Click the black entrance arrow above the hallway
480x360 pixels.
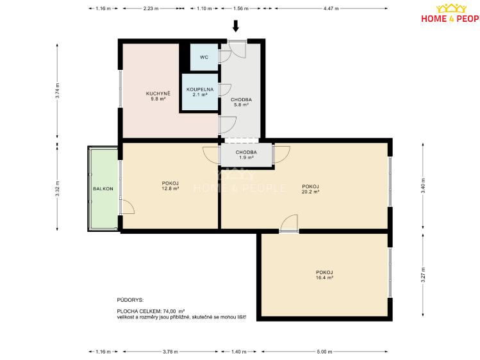[235, 26]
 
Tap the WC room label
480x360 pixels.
[204, 57]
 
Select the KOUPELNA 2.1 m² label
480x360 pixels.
[200, 92]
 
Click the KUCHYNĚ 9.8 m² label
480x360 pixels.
[158, 96]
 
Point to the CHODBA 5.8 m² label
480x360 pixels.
[241, 102]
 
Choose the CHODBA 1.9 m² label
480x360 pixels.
[246, 155]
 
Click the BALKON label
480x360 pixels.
[103, 189]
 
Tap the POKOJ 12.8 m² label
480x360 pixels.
[170, 186]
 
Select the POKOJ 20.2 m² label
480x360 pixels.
[310, 189]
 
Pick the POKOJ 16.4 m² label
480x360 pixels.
[324, 275]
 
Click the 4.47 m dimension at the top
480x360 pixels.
[331, 8]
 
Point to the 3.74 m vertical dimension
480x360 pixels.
[57, 91]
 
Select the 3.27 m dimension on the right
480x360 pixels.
[423, 275]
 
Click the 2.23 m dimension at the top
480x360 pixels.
[151, 8]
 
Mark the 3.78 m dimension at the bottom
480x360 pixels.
[170, 352]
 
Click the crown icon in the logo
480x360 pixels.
[451, 8]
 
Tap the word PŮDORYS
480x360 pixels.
[130, 300]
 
